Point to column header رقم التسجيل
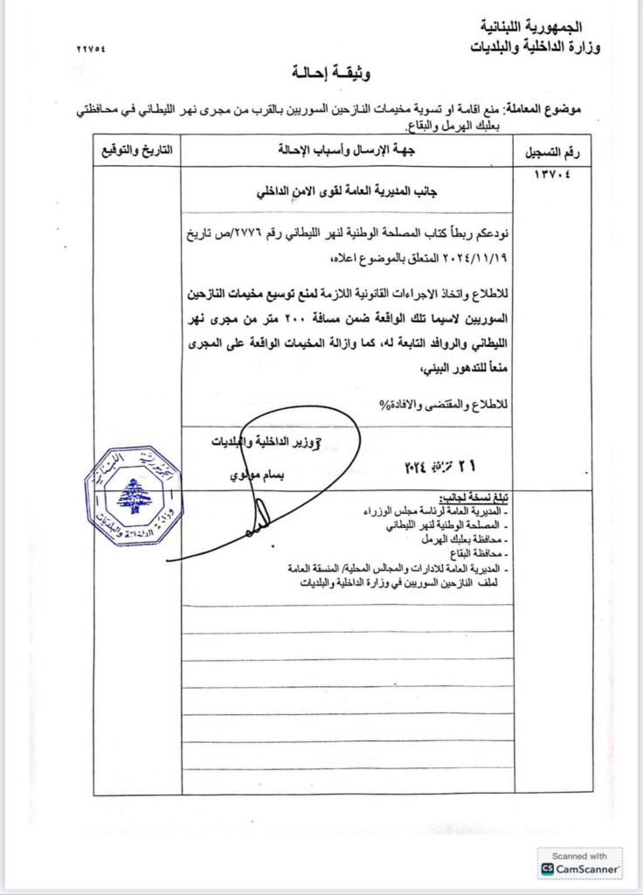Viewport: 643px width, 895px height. point(552,152)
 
